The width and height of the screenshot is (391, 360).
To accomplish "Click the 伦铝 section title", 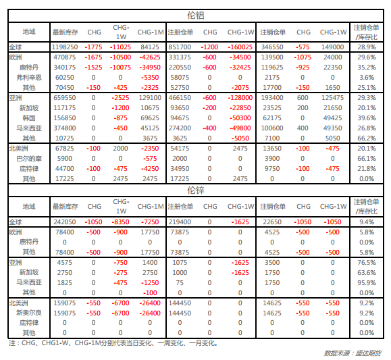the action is click(x=196, y=16).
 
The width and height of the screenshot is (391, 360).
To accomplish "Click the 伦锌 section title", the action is click(x=196, y=190).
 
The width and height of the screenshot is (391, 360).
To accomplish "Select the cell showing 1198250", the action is click(x=65, y=47).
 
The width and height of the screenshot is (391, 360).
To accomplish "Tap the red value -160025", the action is click(x=240, y=47).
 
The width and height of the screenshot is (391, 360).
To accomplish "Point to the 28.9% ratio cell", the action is click(x=367, y=47).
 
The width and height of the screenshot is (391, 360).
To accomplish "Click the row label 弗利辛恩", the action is click(x=29, y=78).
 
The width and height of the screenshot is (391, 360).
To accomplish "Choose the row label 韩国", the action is click(x=29, y=118).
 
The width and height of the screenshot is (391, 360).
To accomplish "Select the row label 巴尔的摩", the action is click(x=29, y=159).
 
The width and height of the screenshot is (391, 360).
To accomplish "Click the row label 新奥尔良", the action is click(x=29, y=313).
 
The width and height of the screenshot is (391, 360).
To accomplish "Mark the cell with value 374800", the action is click(x=65, y=128).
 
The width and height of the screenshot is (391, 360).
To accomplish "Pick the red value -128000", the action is click(x=240, y=98).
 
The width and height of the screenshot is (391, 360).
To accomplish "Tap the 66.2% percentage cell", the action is click(x=367, y=138).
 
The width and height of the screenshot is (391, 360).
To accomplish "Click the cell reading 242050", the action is click(x=65, y=222).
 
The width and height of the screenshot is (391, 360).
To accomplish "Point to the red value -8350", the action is click(x=120, y=222).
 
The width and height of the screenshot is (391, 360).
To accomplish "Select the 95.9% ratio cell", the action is click(x=367, y=282).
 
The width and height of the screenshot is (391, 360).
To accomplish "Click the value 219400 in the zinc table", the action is click(x=180, y=222).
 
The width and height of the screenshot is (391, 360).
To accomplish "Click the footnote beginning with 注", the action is click(x=113, y=343).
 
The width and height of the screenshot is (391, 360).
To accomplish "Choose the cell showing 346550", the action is click(x=272, y=47).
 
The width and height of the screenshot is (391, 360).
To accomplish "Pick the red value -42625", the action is click(x=150, y=57).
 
